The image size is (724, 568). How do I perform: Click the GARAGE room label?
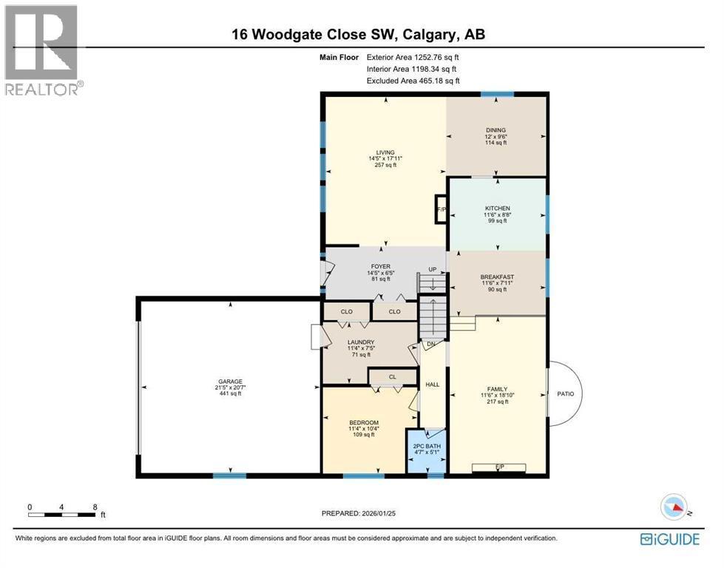point(229,382)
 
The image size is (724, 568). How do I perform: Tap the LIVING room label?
point(385,153)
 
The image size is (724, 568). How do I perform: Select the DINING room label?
point(495,131)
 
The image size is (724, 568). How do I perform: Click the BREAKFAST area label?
point(497,277)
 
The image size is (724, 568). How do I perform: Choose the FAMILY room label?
point(497,388)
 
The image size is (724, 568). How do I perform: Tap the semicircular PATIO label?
point(566,393)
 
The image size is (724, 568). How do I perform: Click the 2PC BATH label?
point(427,447)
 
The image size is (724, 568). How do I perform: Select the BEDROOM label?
point(363,422)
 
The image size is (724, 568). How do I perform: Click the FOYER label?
point(382,267)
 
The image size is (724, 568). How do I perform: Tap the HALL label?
point(432,384)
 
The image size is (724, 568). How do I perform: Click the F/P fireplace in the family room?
point(499,466)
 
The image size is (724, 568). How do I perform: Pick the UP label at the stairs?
point(433,270)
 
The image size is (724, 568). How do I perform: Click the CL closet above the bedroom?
point(393,377)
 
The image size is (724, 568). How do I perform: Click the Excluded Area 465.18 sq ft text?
point(413,81)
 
